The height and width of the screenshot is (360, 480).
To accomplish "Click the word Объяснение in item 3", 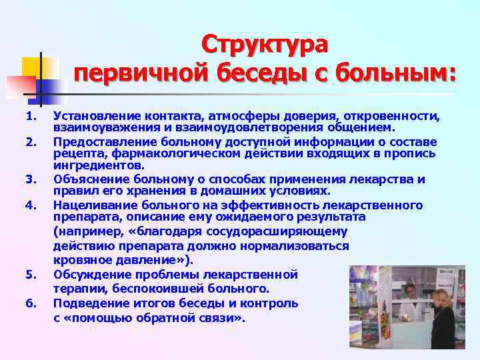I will coord(87,179).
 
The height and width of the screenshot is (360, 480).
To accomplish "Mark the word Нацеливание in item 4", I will coord(91,204).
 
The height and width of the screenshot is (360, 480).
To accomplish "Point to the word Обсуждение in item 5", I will coord(88,275).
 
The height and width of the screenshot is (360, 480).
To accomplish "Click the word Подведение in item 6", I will coord(88,304).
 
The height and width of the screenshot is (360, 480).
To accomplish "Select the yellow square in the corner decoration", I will coord(35,67).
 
